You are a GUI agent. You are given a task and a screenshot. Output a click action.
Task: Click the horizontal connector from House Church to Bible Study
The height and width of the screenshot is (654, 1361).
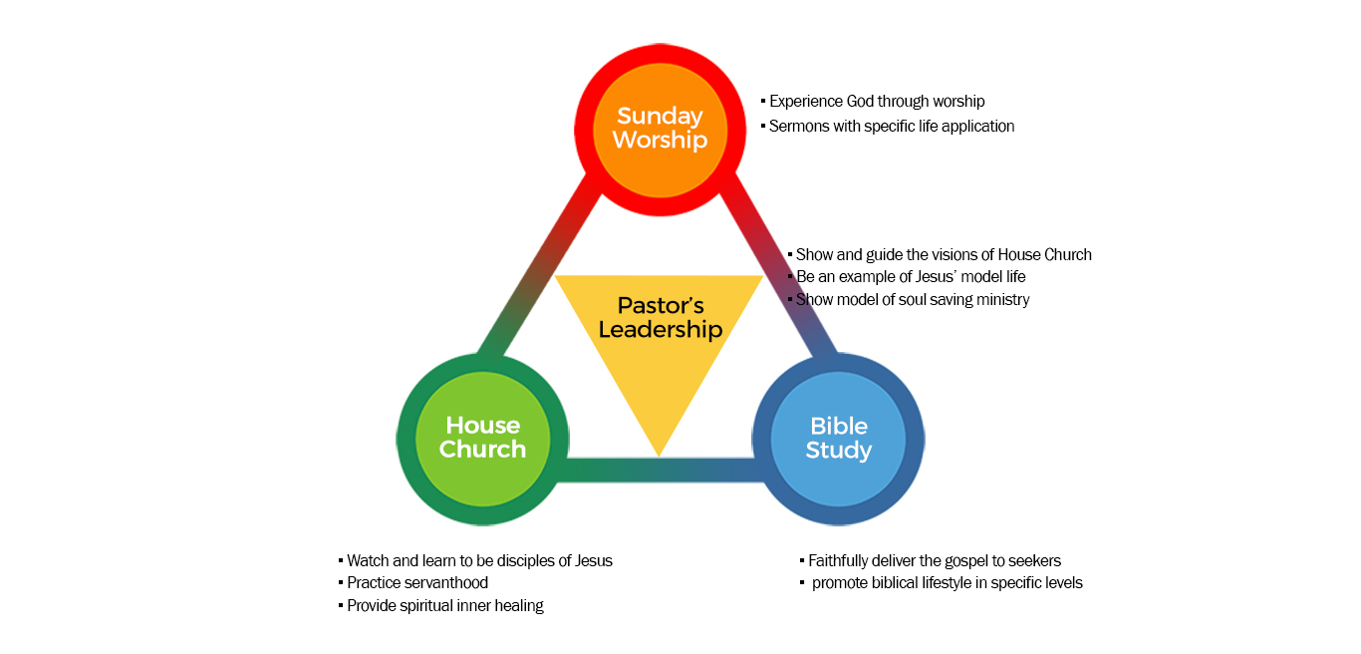[x=660, y=470]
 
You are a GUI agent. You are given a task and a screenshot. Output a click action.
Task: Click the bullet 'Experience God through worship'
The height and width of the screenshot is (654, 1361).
[x=877, y=102]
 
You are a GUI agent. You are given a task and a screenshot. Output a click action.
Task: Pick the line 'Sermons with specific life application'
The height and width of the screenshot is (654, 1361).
[x=892, y=127]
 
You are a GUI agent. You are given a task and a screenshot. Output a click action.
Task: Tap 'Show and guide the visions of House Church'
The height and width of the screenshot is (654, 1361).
[x=944, y=255]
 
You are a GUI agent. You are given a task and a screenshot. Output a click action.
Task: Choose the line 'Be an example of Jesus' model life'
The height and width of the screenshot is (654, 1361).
[x=911, y=277]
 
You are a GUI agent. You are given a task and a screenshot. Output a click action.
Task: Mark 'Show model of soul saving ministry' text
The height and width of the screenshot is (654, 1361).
[x=913, y=300]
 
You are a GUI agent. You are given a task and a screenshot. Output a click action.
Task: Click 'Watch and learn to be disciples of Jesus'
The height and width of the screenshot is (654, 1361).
[x=479, y=561]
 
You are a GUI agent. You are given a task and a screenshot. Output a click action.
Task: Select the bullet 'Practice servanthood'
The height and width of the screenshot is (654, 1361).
[x=417, y=583]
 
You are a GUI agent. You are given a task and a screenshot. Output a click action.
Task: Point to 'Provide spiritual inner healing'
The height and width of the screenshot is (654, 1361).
[x=445, y=606]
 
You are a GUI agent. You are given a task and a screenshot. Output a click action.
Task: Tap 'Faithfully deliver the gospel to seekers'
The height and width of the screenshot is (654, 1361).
[x=935, y=561]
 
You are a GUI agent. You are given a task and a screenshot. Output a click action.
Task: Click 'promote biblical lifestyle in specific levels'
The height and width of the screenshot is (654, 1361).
[x=947, y=583]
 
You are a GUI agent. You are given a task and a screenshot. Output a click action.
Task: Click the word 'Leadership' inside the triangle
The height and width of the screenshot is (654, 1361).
[x=660, y=330]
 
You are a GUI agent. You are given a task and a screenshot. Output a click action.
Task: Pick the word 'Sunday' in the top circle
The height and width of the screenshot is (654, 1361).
[x=660, y=116]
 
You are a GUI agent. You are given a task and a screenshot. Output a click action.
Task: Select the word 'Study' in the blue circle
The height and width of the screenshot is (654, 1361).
[x=839, y=451]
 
